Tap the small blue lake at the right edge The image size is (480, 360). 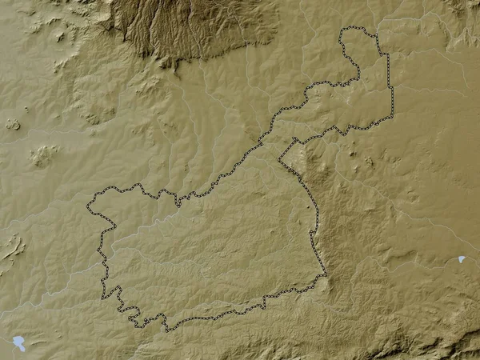click(462, 259)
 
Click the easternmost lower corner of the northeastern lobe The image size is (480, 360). click(393, 117)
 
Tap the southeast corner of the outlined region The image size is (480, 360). click(325, 276)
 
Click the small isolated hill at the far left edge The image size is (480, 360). click(12, 124)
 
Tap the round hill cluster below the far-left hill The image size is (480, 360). click(44, 154)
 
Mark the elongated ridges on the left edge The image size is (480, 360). click(11, 248)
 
